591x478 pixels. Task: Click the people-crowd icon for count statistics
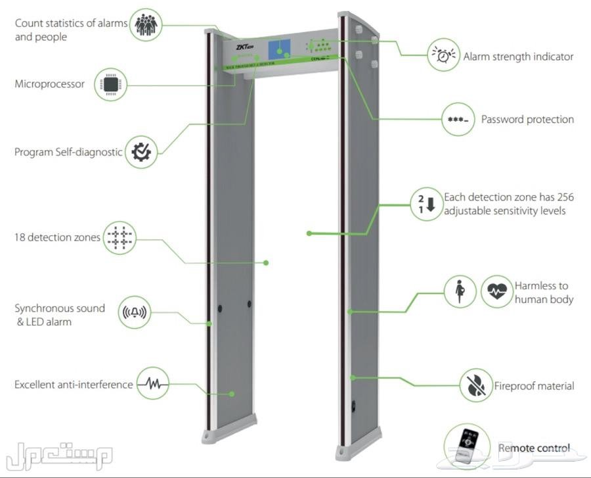tap(146, 25)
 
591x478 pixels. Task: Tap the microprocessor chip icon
tap(110, 84)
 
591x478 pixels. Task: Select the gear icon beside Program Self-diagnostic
tap(141, 151)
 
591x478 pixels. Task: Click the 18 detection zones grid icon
tap(120, 237)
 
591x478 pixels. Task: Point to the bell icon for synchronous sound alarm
tap(135, 312)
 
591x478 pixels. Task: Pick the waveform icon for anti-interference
tap(153, 383)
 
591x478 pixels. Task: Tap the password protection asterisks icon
tap(458, 120)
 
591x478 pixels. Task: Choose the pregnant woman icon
tap(461, 291)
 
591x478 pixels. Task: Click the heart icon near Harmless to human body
tap(497, 291)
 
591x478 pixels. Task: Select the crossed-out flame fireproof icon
tap(475, 385)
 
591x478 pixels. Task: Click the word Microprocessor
tap(49, 84)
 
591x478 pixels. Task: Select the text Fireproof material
tap(534, 386)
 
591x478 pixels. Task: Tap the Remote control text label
tap(534, 448)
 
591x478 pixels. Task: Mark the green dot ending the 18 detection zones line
tap(266, 262)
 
